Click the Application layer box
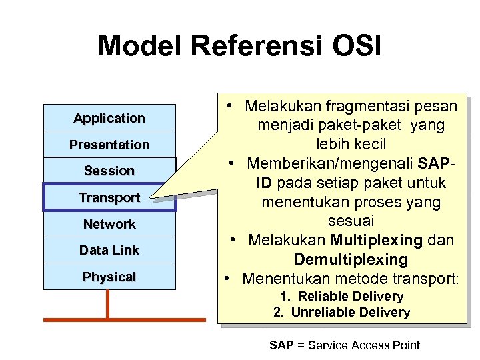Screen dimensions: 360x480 tap(109, 118)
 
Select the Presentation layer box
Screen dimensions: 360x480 tap(109, 145)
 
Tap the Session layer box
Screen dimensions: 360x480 tap(109, 171)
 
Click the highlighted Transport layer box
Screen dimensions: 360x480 tap(109, 197)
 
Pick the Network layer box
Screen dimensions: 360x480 tap(109, 224)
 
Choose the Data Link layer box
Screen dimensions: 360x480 tap(109, 250)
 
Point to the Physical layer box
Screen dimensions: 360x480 tap(109, 277)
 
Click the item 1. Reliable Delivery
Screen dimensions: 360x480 tap(341, 296)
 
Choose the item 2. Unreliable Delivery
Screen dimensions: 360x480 tap(341, 312)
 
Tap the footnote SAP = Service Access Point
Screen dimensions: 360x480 tap(344, 345)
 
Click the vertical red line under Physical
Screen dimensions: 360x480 tap(107, 304)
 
